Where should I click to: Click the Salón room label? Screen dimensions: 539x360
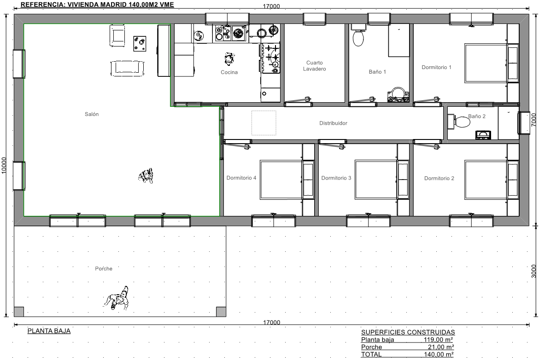tap(92, 114)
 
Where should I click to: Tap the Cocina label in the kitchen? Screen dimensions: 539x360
tap(229, 72)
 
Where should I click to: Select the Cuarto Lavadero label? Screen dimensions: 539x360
tap(315, 66)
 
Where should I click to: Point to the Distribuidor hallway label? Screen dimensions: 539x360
tap(333, 123)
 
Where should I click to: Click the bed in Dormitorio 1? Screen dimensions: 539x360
tap(486, 63)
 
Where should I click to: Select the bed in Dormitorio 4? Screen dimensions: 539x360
tap(281, 180)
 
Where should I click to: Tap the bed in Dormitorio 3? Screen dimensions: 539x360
tap(376, 180)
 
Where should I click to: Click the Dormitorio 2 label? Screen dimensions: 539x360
tap(439, 178)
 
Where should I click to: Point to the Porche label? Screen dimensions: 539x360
tap(104, 269)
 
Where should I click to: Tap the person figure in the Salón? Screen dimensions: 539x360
tap(146, 176)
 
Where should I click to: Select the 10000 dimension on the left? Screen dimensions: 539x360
tap(4, 165)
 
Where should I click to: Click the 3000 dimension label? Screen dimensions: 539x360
tap(533, 271)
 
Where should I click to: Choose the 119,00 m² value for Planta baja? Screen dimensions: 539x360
tap(438, 340)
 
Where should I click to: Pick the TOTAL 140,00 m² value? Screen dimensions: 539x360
tap(438, 354)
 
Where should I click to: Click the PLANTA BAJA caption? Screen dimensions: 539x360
tap(49, 331)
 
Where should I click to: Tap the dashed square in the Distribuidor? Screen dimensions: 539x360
tap(264, 122)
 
